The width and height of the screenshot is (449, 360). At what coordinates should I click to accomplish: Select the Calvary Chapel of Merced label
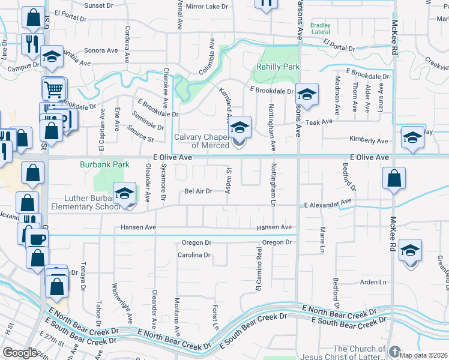click(x=202, y=141)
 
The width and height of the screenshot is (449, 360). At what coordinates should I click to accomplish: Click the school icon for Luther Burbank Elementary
click(x=125, y=194)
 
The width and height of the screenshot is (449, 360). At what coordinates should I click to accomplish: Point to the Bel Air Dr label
click(x=198, y=191)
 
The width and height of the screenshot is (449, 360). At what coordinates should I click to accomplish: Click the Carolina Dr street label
click(x=193, y=255)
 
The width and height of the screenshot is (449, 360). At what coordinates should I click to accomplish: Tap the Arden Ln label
click(x=374, y=282)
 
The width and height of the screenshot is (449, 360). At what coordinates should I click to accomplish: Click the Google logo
click(x=20, y=353)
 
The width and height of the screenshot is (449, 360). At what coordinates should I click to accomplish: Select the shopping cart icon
click(x=53, y=90)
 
